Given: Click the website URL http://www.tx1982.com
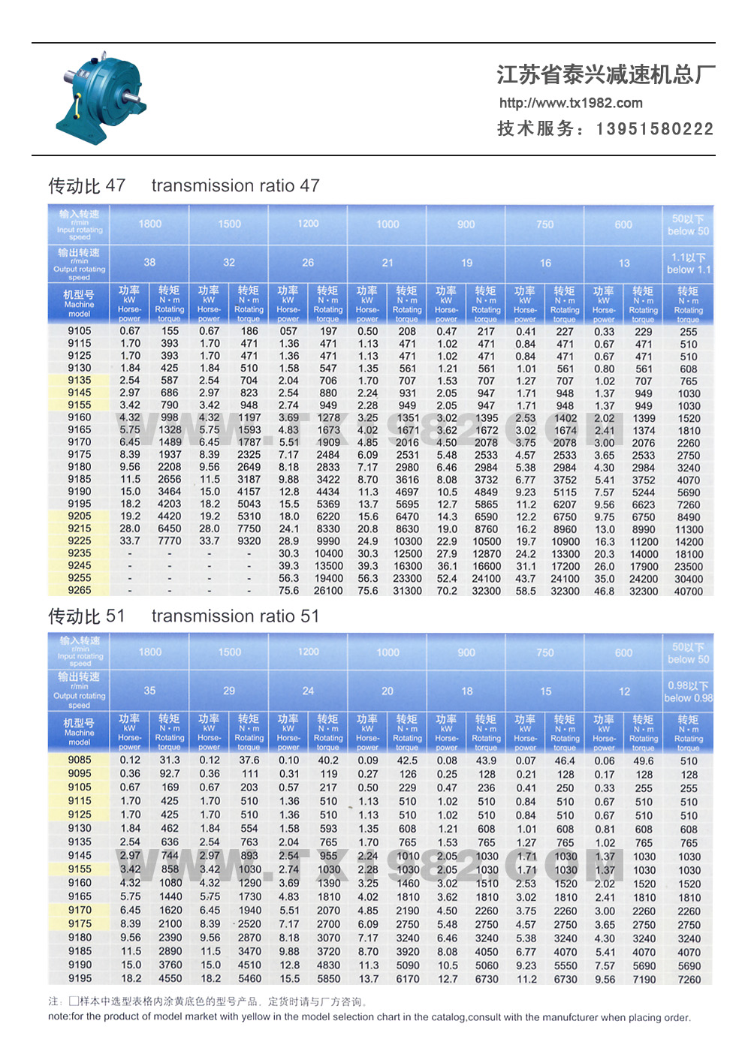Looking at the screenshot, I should tap(571, 103).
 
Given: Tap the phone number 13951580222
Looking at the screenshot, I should tap(654, 129).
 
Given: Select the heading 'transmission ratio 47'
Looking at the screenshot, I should tap(235, 185).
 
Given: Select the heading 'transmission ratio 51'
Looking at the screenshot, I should tap(235, 616).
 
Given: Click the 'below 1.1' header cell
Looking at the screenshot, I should tap(688, 264).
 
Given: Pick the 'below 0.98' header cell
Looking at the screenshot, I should tap(688, 691).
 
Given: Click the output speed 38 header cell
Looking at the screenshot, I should tap(149, 263).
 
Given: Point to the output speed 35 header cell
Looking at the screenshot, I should tap(149, 691).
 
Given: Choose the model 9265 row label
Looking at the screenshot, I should tap(80, 590).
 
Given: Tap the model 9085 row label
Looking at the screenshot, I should tap(80, 760).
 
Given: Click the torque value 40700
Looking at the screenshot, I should tap(688, 592).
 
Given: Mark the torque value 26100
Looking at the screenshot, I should tap(328, 591).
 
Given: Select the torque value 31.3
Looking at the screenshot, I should tap(170, 760).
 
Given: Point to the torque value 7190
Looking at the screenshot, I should tap(644, 979).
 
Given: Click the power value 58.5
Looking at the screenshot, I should tap(526, 592).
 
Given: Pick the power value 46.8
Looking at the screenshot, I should tap(605, 592).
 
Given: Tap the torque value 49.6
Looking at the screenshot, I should tap(644, 760).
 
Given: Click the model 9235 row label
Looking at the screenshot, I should tap(80, 553).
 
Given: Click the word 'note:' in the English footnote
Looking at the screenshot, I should tap(59, 1017).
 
